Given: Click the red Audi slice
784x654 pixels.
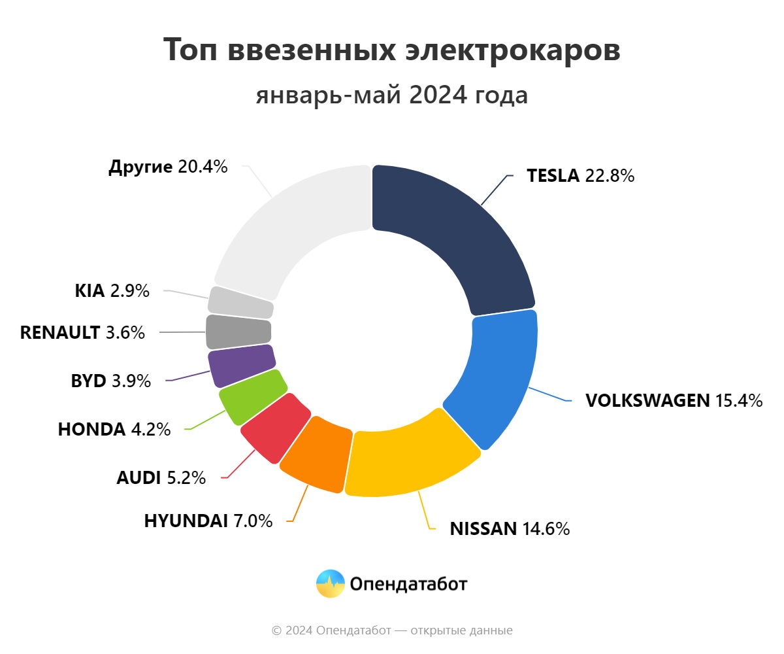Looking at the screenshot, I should pos(275,428).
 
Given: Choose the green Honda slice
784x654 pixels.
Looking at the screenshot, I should pos(253,397).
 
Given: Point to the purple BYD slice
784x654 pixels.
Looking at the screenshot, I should pos(241,366).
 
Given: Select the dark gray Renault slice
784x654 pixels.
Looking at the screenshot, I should pos(238,332).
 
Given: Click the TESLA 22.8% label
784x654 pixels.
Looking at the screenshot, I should pos(581,176).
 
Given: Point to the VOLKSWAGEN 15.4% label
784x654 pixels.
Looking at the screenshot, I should pos(674,400).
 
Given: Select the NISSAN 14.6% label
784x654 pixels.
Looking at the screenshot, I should pos(510,528).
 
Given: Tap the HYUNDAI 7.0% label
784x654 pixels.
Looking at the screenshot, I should pos(208,521).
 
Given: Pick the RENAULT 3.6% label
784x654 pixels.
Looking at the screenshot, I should pos(82,332).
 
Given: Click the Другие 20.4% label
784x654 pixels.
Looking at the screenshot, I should pos(168,167).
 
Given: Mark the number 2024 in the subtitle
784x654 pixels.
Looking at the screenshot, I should pos(438,95).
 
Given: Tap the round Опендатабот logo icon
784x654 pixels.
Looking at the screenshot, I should pos(330,583).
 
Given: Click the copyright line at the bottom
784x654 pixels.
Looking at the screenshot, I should pos(392,630).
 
